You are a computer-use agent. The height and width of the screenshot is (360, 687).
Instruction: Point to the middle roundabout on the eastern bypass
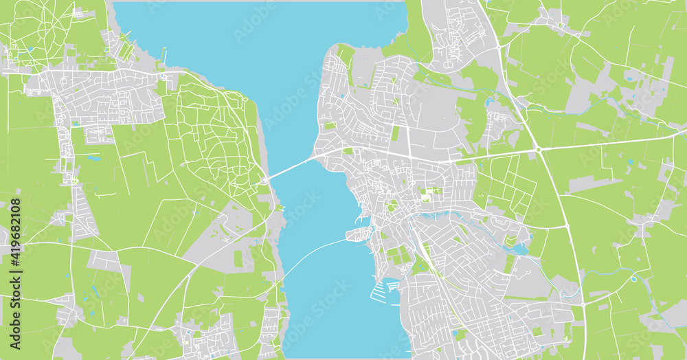(566, 225)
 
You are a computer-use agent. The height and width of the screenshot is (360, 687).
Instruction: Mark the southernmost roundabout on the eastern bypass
(583, 303)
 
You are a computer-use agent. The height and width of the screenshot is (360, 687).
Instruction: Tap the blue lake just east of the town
(520, 249)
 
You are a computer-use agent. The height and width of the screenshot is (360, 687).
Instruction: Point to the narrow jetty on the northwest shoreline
(164, 54)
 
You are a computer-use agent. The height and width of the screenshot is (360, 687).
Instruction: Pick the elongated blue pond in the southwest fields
(93, 158)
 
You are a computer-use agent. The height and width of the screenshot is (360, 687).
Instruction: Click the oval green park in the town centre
(392, 205)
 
